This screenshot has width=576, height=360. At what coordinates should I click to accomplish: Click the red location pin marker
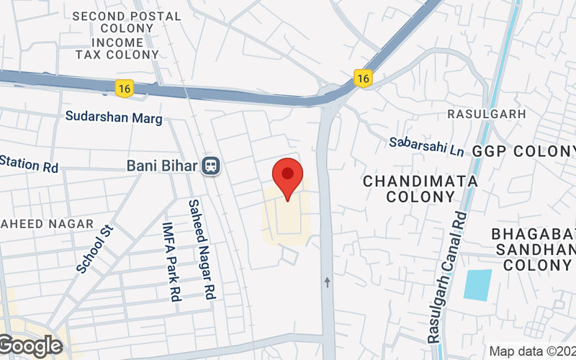tap(287, 177)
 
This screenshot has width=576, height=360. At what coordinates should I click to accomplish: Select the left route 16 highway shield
tap(124, 89)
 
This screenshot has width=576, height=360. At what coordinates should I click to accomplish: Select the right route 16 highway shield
tap(362, 77)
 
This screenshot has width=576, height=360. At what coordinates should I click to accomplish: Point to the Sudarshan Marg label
tap(114, 117)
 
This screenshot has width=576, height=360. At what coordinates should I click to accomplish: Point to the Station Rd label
tap(29, 164)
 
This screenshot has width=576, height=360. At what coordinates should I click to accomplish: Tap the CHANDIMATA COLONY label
tap(420, 189)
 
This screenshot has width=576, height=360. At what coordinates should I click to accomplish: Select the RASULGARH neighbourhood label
tap(487, 114)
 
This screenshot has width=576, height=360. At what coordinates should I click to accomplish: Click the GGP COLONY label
tap(524, 151)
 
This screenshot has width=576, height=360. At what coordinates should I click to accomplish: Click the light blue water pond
tap(477, 284)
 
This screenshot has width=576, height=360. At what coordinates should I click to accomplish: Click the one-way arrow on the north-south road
tap(328, 282)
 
